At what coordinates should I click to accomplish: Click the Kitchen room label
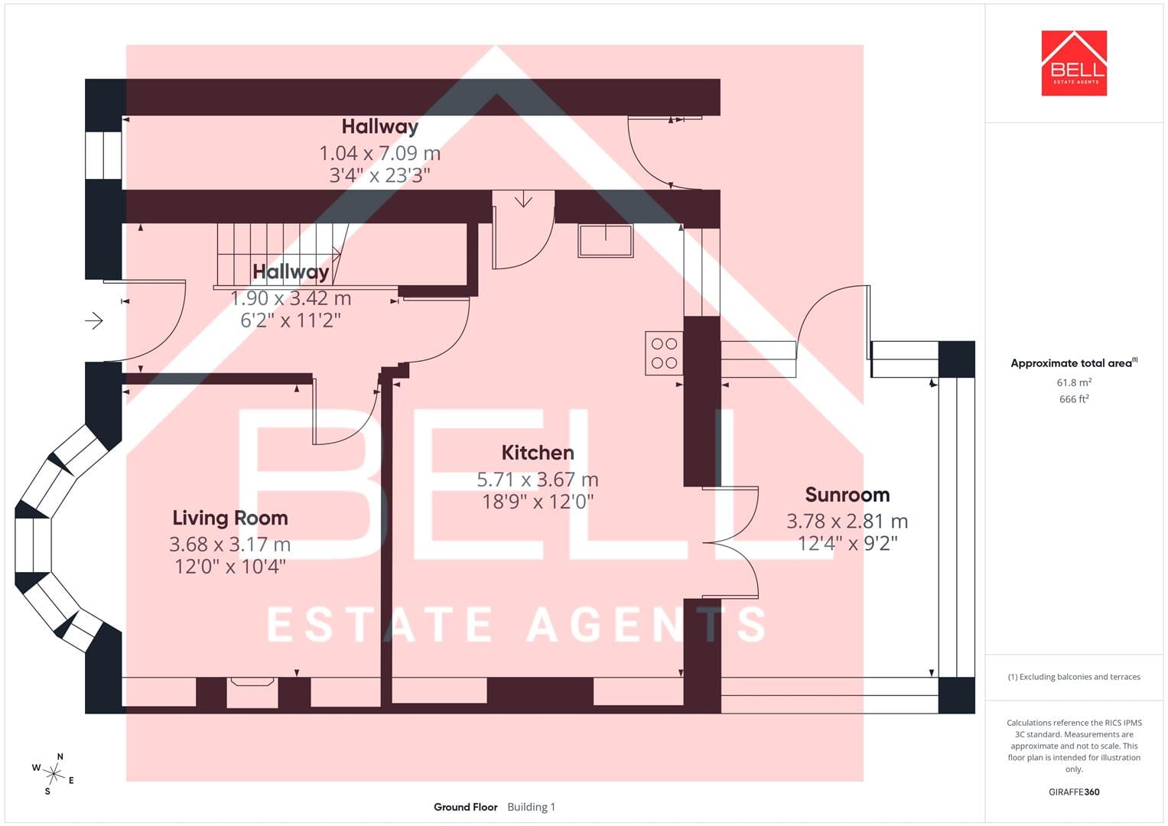[x=538, y=453]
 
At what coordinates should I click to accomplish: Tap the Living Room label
[x=230, y=518]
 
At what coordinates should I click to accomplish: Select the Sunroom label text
[x=848, y=494]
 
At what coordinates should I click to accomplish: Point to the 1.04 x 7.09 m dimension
[x=379, y=153]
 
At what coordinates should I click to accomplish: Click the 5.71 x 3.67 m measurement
[x=538, y=480]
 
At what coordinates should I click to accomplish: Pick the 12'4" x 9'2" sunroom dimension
[x=848, y=543]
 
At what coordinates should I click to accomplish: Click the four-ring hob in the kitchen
[x=664, y=353]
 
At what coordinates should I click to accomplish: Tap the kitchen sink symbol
[x=605, y=240]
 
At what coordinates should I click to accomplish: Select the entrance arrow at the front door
[x=94, y=320]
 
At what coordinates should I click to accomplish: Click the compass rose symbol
[x=54, y=774]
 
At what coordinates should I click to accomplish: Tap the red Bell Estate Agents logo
[x=1074, y=63]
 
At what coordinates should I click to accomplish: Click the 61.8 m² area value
[x=1074, y=382]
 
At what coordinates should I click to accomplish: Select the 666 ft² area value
[x=1074, y=399]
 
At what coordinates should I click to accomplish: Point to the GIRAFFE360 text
[x=1074, y=792]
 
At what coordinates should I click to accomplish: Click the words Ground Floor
[x=466, y=807]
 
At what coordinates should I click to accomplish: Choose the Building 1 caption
[x=532, y=807]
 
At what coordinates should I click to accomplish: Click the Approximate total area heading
[x=1074, y=363]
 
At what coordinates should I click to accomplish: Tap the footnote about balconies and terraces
[x=1074, y=677]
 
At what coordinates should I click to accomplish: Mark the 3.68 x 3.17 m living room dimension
[x=230, y=545]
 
